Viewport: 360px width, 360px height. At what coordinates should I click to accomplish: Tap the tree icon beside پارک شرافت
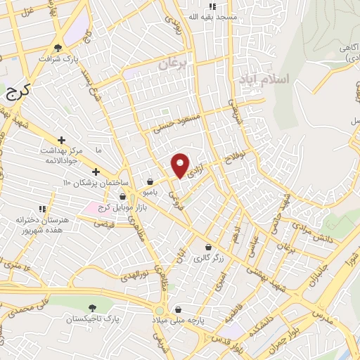[58, 48]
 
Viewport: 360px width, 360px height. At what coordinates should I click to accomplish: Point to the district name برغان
[174, 63]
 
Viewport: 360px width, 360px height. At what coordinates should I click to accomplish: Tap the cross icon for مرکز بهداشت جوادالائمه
[61, 141]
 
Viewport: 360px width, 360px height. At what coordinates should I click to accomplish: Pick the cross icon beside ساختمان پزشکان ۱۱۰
[96, 172]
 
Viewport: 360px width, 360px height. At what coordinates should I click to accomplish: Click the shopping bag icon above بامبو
[150, 181]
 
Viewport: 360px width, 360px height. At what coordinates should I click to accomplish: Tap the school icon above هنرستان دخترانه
[42, 209]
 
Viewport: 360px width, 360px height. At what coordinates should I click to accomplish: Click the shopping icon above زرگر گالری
[209, 247]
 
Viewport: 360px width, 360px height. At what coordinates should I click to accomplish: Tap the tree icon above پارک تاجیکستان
[92, 308]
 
